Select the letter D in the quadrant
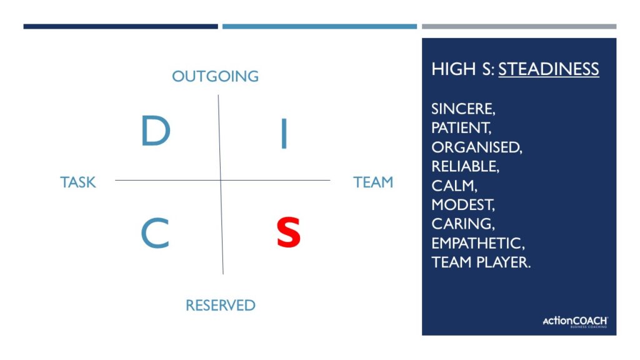(155, 131)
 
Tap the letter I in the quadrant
(284, 134)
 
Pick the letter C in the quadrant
(155, 234)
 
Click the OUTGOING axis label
(215, 76)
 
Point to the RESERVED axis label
(220, 305)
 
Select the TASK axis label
(78, 182)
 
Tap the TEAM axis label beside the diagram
(373, 182)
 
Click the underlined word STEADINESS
(548, 69)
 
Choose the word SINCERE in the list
(462, 109)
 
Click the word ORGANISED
(476, 147)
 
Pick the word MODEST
(462, 204)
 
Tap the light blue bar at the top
(319, 26)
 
